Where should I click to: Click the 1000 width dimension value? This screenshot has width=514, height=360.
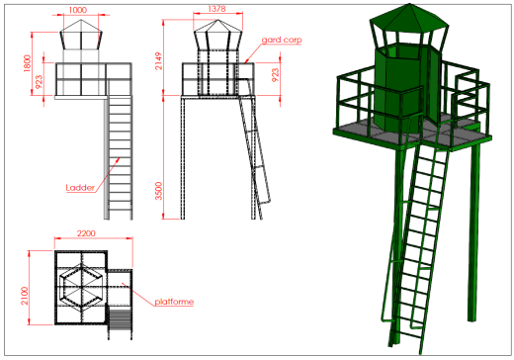[78, 10]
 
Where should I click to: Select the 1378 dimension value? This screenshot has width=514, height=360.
[216, 9]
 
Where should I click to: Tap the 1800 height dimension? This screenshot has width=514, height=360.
[28, 63]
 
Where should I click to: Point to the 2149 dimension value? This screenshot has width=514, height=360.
[158, 60]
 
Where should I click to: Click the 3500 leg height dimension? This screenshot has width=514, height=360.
[158, 191]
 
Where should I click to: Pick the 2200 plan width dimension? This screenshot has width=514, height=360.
[86, 233]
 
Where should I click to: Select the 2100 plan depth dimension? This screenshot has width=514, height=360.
[25, 296]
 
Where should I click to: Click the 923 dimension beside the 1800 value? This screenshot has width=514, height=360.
[39, 82]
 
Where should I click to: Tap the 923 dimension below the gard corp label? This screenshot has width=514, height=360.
[275, 75]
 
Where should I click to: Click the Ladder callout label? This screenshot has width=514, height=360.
[80, 188]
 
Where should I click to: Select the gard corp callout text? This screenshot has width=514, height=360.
[282, 40]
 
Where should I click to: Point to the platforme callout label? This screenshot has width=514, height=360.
[174, 302]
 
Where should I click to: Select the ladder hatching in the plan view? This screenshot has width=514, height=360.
[120, 319]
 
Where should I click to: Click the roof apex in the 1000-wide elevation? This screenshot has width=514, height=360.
[81, 20]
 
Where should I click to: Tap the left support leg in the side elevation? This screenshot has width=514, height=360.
[183, 158]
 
